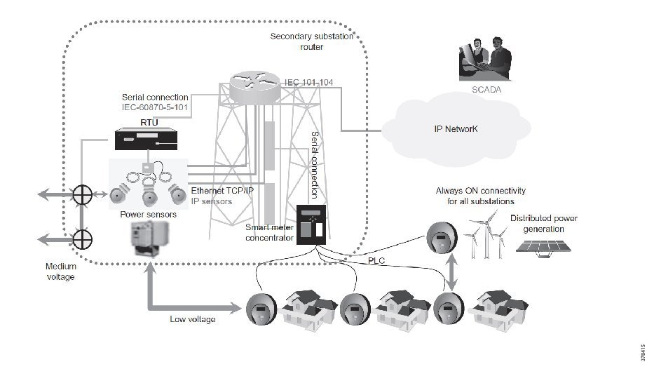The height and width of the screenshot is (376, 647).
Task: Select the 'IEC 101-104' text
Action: click(308, 83)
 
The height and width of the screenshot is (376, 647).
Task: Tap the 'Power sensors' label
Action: click(148, 215)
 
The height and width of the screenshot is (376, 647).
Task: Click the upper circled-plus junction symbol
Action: click(83, 194)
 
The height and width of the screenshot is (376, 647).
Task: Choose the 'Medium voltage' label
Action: click(61, 271)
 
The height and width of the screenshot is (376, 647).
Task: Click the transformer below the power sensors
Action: click(151, 242)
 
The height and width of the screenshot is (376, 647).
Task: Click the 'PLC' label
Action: click(377, 261)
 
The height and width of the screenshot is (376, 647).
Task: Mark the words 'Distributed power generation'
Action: click(543, 223)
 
